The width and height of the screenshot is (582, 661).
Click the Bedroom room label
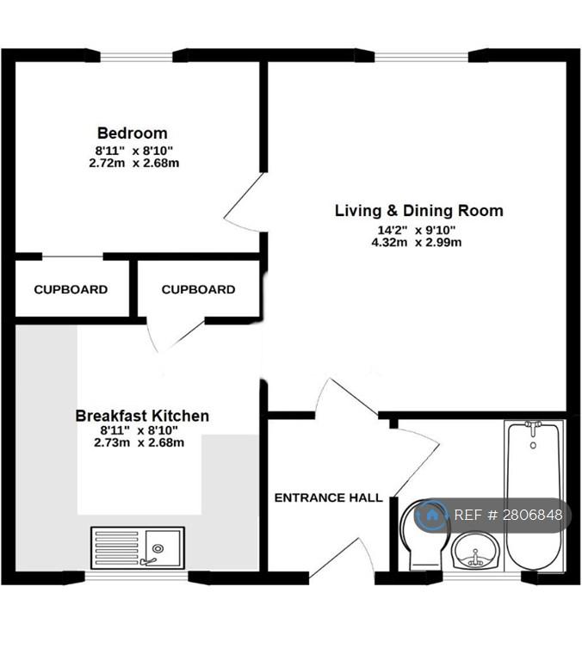(x=133, y=133)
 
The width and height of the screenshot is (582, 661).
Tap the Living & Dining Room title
(x=418, y=210)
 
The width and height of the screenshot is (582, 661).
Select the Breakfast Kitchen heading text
(x=142, y=416)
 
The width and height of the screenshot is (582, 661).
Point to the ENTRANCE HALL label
(x=329, y=497)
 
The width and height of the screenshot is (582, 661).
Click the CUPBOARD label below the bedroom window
(x=71, y=289)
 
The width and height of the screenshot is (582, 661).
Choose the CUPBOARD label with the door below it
(x=198, y=289)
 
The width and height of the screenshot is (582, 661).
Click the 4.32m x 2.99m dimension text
(x=416, y=243)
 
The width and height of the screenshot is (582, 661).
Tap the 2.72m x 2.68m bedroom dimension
(x=134, y=163)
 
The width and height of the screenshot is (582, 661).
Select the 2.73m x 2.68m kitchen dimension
(x=139, y=442)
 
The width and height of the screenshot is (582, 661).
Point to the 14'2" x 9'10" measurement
(x=416, y=230)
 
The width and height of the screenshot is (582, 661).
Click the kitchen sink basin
(x=163, y=547)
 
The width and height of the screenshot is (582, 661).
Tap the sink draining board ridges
(x=117, y=547)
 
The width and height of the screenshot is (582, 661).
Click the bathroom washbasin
(x=476, y=551)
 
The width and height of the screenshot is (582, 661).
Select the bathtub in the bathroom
(x=534, y=496)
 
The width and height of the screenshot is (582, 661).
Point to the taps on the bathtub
(x=533, y=429)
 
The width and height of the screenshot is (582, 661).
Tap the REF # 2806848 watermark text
(x=508, y=515)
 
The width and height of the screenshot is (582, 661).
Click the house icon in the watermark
(x=431, y=515)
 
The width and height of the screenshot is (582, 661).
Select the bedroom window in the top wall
(x=136, y=57)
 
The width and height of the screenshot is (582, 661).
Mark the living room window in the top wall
(x=421, y=57)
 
